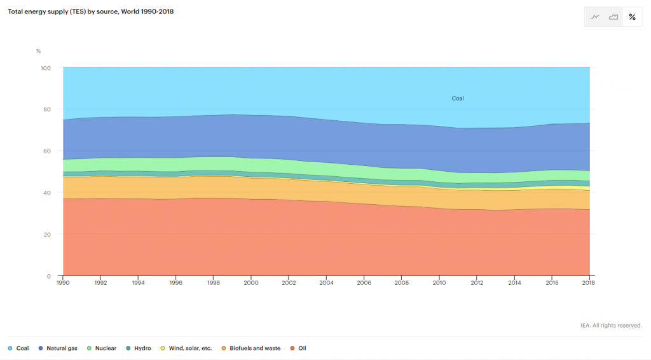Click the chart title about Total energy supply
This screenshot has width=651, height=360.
point(90,11)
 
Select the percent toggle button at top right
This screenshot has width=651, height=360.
point(632,17)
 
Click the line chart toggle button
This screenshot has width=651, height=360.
point(595,17)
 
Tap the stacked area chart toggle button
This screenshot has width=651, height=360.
point(613,17)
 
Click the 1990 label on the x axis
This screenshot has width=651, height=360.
point(64,282)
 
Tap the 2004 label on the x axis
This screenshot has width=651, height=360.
point(327,282)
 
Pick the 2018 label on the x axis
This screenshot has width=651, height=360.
point(589,282)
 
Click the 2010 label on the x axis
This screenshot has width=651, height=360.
point(439,282)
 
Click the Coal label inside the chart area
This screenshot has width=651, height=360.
point(458,99)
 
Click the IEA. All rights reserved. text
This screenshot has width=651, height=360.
point(611,325)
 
